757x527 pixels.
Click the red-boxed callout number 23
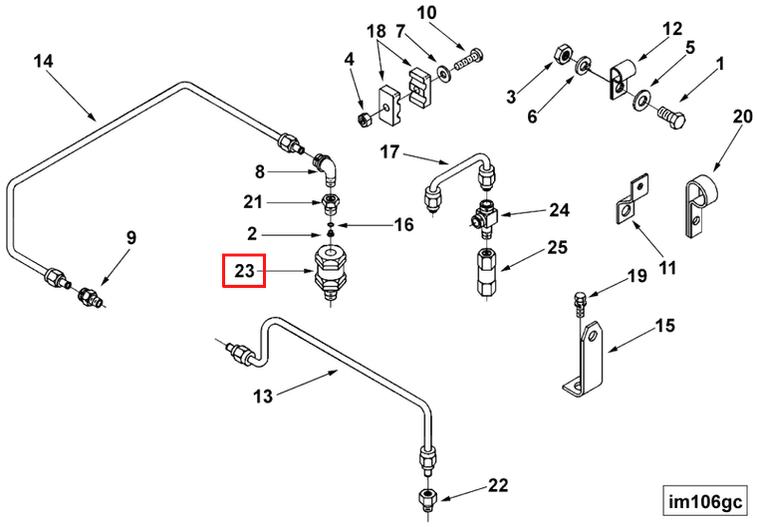(x=243, y=270)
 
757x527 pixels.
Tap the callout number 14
(x=43, y=62)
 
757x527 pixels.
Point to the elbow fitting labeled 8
(x=328, y=171)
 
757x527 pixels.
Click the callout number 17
(x=389, y=151)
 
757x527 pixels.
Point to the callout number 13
(x=262, y=396)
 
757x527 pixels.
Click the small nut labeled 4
(x=364, y=119)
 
